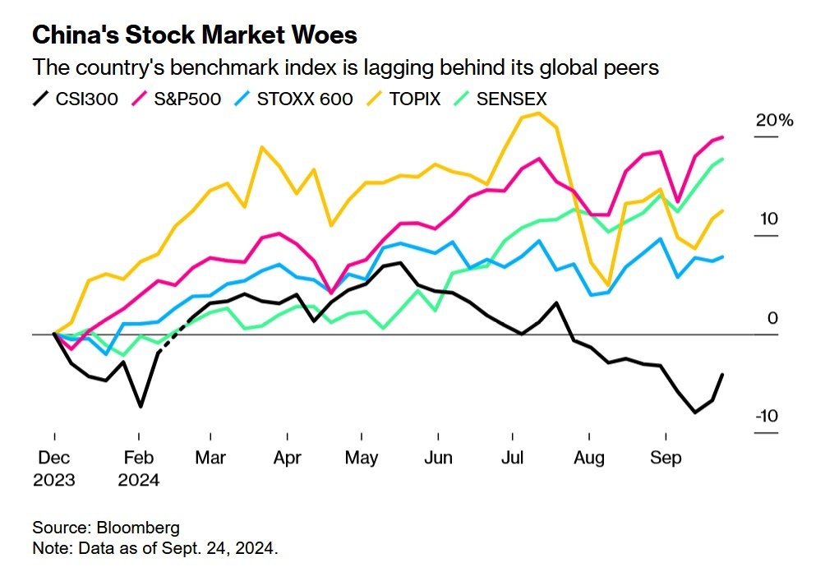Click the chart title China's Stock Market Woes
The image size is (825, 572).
[x=195, y=35]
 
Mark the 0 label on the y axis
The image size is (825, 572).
[x=772, y=318]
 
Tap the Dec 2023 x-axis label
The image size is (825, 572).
[x=53, y=468]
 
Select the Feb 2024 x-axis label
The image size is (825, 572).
[x=139, y=468]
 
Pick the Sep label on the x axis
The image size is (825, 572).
[x=666, y=458]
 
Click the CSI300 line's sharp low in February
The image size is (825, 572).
[x=141, y=406]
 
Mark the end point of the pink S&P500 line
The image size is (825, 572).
[x=722, y=137]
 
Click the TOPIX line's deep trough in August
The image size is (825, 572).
[x=608, y=285]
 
